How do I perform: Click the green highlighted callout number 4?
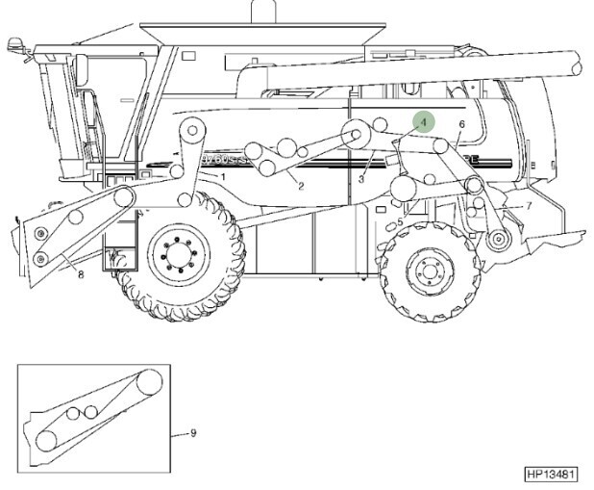tap(423, 122)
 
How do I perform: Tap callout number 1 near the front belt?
tap(222, 177)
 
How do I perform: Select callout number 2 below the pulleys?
tap(300, 186)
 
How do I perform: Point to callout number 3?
tap(361, 178)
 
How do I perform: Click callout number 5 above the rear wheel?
tap(400, 222)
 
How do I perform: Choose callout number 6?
tap(461, 125)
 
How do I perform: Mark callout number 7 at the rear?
tap(529, 206)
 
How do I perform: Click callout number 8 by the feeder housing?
tap(81, 274)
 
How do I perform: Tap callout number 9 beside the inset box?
tap(193, 433)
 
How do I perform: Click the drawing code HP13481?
tap(550, 474)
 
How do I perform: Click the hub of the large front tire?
tap(181, 257)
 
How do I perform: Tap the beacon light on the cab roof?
tap(14, 44)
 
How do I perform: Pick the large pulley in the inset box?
tap(147, 384)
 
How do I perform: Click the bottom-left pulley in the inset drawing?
tap(46, 441)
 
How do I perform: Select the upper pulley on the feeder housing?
tap(124, 197)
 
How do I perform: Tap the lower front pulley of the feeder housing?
tap(40, 257)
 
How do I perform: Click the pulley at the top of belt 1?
tap(194, 129)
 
